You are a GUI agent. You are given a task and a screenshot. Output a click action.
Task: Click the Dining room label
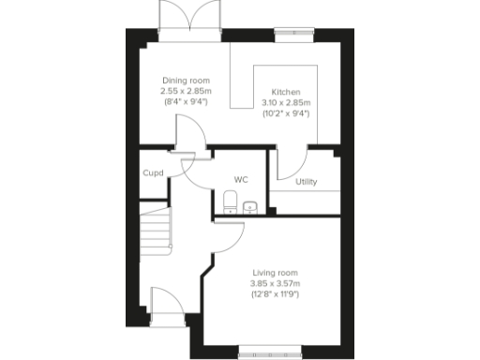pyautogui.click(x=186, y=81)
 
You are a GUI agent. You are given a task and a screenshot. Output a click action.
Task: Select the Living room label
pyautogui.click(x=274, y=273)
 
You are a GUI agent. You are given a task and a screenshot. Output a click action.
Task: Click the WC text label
pyautogui.click(x=240, y=179)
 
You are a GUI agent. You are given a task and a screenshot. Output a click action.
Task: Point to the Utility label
pyautogui.click(x=306, y=182)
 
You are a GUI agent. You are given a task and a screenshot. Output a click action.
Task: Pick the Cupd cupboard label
pyautogui.click(x=153, y=172)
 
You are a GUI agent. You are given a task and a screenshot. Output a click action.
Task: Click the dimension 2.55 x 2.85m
pyautogui.click(x=186, y=91)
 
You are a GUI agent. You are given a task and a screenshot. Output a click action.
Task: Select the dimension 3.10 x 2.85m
pyautogui.click(x=285, y=102)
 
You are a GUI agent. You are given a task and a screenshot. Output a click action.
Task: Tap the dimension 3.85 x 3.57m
pyautogui.click(x=274, y=284)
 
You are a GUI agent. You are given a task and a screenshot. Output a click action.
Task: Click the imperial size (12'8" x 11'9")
pyautogui.click(x=274, y=294)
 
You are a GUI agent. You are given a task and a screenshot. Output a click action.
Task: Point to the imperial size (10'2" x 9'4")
pyautogui.click(x=285, y=112)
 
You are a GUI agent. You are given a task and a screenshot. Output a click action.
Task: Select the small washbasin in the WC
pyautogui.click(x=250, y=207)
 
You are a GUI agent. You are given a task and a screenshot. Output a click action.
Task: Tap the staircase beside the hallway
pyautogui.click(x=156, y=232)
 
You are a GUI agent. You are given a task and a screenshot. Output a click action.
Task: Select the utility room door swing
pyautogui.click(x=281, y=161)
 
